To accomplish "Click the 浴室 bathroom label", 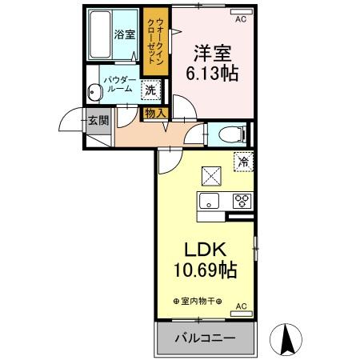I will [x=123, y=34].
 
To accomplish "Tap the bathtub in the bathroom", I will [x=99, y=34].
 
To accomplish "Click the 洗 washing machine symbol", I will [x=150, y=90].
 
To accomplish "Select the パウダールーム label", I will [x=118, y=84].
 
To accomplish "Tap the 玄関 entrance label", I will [x=98, y=121].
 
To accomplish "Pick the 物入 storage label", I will [x=154, y=113].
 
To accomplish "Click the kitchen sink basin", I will [x=210, y=201].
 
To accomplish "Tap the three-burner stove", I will [x=242, y=201].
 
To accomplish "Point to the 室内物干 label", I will [x=198, y=301].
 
